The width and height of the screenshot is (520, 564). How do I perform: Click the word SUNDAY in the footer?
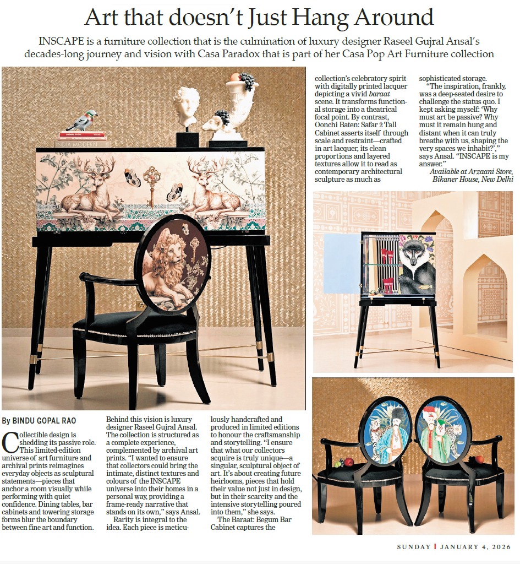414,547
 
